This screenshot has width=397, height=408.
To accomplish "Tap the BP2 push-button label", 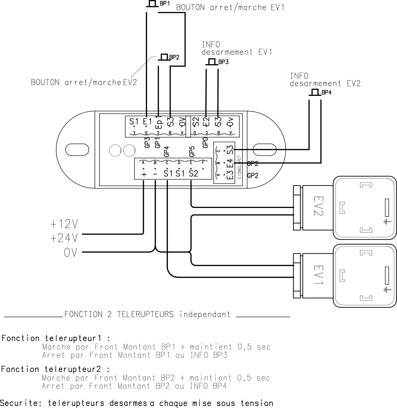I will (174, 57).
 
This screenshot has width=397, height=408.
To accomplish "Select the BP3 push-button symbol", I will (212, 62).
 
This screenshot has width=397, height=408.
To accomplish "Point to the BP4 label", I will (326, 93).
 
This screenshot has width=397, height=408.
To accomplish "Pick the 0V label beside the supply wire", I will (70, 252).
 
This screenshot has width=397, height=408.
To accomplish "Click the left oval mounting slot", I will (77, 150).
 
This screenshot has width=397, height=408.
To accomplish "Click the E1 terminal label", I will (147, 121).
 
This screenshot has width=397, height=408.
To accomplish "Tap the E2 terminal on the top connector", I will (206, 121).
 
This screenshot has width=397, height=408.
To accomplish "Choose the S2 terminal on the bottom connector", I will (193, 174).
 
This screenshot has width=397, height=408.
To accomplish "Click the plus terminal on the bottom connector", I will (144, 174).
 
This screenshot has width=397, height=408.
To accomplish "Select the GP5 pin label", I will (192, 151).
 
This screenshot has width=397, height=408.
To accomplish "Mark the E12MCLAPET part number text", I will (239, 167).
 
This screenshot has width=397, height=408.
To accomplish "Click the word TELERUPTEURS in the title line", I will (145, 314).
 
